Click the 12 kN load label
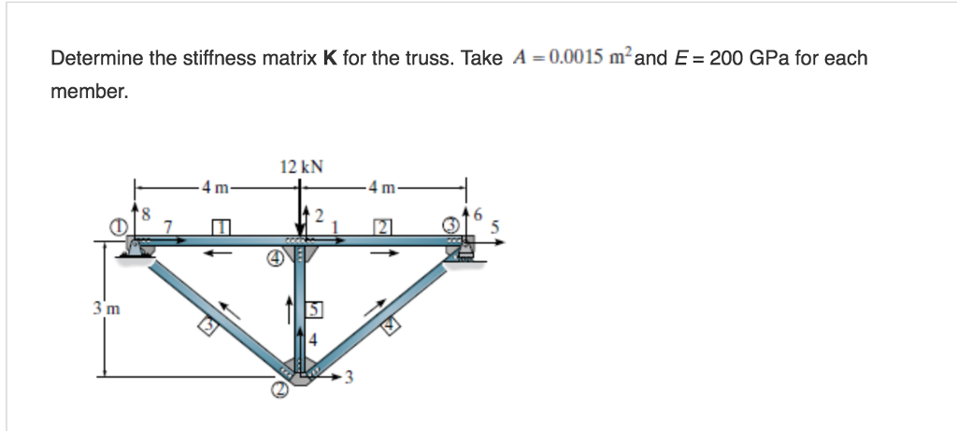tap(301, 167)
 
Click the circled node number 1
tap(118, 225)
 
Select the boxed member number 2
tap(381, 226)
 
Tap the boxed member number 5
tap(316, 308)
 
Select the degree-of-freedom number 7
tap(168, 224)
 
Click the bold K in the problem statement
tap(329, 59)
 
